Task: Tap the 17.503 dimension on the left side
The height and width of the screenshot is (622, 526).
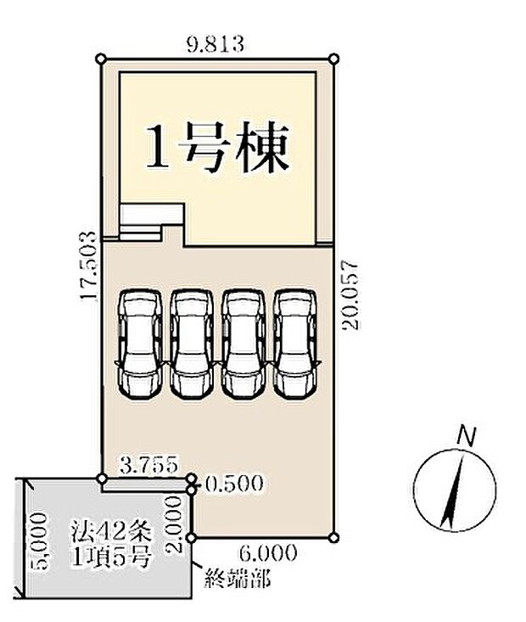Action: click(86, 266)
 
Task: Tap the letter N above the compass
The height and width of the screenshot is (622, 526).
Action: click(465, 436)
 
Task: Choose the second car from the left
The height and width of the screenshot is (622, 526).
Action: click(193, 343)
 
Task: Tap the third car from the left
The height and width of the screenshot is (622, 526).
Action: click(244, 343)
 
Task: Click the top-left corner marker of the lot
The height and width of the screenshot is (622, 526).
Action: click(102, 59)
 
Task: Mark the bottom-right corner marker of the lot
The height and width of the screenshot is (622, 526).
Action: click(336, 536)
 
